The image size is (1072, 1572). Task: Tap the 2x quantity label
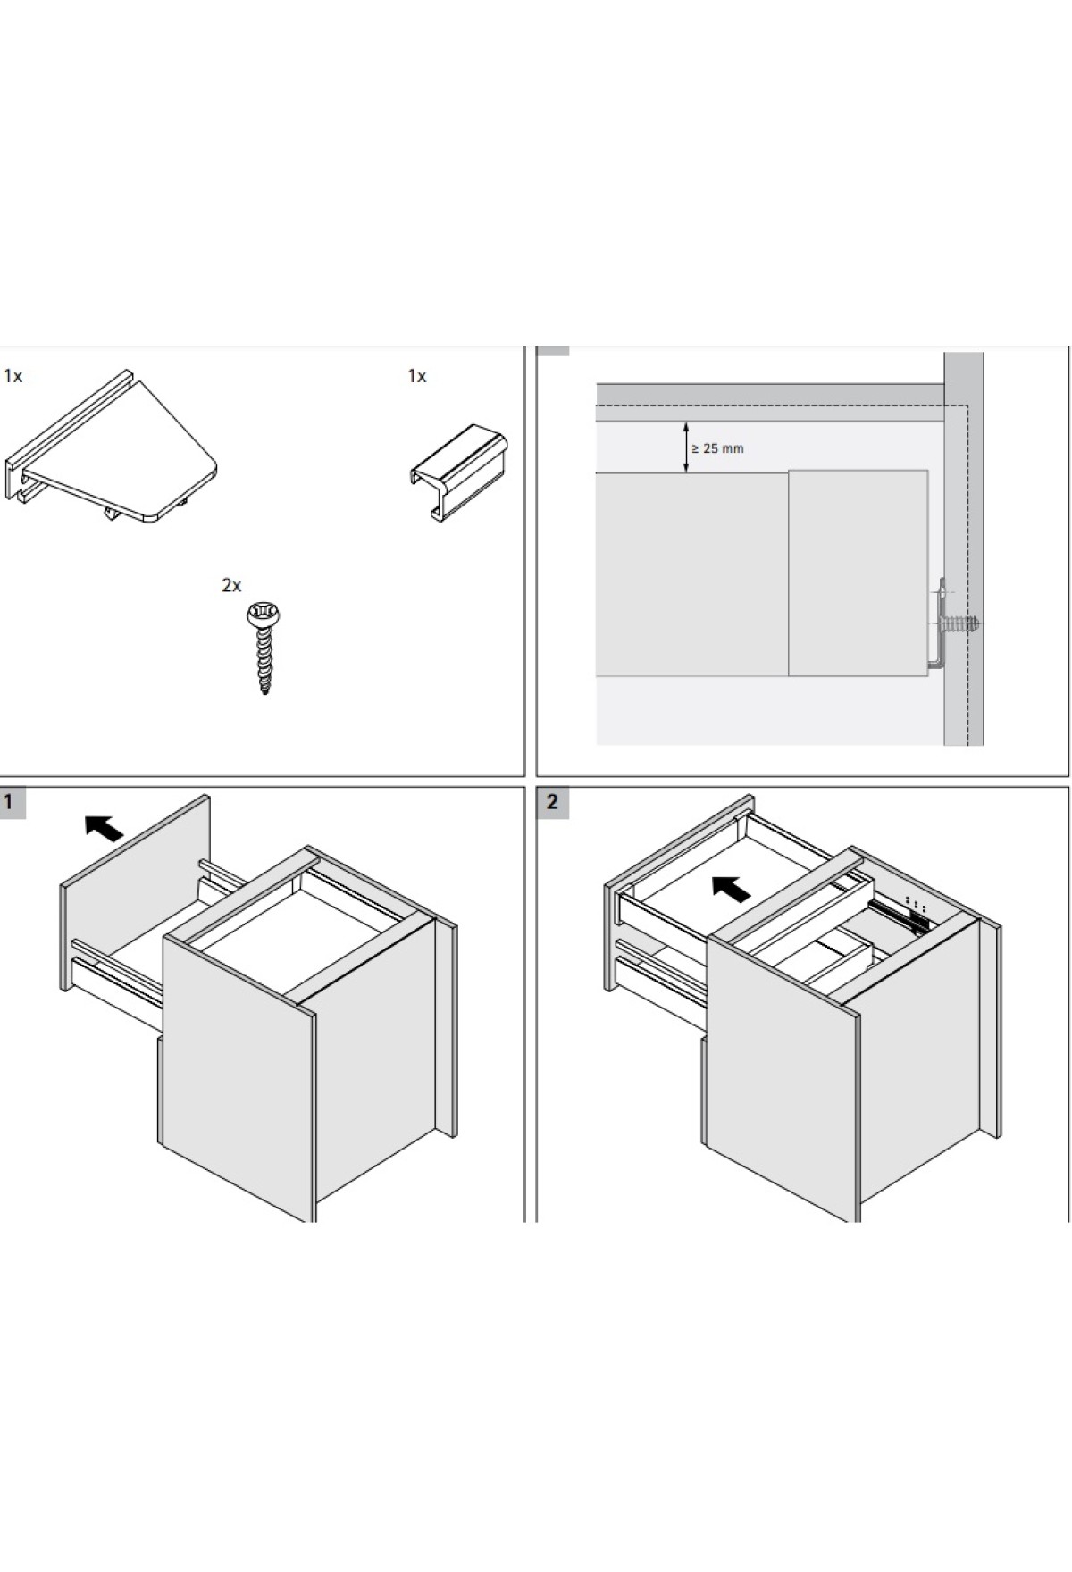click(x=231, y=585)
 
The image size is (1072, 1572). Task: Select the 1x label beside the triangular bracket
click(x=13, y=376)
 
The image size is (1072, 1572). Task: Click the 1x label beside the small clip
click(x=417, y=376)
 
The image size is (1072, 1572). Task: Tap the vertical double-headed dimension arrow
click(x=686, y=447)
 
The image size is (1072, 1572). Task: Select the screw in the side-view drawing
click(x=963, y=623)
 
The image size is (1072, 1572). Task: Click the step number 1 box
click(x=12, y=802)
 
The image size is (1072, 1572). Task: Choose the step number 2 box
click(x=552, y=802)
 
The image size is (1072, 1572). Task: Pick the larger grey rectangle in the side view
click(x=691, y=575)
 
